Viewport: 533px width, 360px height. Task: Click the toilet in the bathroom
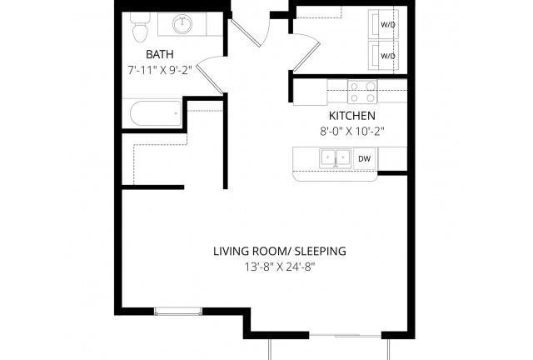pyautogui.click(x=140, y=27)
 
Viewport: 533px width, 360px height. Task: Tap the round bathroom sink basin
pyautogui.click(x=182, y=24)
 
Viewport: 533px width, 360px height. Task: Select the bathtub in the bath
pyautogui.click(x=156, y=113)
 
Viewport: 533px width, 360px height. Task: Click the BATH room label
pyautogui.click(x=159, y=54)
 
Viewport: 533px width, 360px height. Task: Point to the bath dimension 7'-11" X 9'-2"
pyautogui.click(x=160, y=70)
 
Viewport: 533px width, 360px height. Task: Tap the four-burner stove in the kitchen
pyautogui.click(x=362, y=92)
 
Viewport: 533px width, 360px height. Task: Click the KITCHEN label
pyautogui.click(x=352, y=116)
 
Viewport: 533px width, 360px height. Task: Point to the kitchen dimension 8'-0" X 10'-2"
pyautogui.click(x=352, y=132)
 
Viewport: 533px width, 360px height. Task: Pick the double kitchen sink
pyautogui.click(x=336, y=157)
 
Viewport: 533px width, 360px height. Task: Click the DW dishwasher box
pyautogui.click(x=365, y=158)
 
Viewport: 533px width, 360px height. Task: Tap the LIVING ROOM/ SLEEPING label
pyautogui.click(x=280, y=251)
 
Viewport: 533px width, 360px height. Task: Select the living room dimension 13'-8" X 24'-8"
pyautogui.click(x=280, y=267)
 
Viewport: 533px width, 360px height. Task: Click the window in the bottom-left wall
pyautogui.click(x=178, y=311)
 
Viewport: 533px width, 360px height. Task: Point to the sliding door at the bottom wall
pyautogui.click(x=345, y=336)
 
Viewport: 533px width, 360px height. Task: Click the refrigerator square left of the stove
pyautogui.click(x=310, y=92)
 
